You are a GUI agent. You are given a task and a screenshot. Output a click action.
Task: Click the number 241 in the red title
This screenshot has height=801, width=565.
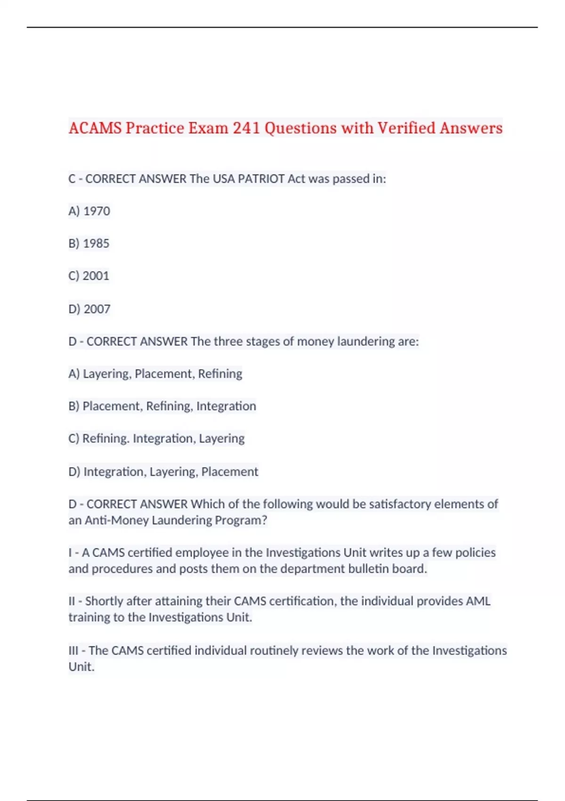(x=247, y=128)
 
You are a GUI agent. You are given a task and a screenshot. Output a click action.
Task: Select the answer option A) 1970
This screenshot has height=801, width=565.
(x=89, y=211)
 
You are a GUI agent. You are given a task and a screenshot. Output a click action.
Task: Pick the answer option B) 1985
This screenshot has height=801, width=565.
(x=89, y=244)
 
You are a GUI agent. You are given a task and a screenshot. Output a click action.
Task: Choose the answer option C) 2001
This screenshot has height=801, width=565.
(x=89, y=276)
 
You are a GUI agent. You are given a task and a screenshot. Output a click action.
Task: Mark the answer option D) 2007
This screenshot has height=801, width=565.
(x=89, y=309)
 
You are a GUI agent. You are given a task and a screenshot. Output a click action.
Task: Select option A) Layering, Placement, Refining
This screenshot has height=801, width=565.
(x=155, y=374)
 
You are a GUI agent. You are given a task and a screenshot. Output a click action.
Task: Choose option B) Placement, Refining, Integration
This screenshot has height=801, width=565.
(x=162, y=406)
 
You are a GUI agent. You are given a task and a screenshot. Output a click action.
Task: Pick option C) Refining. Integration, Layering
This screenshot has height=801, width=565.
(x=156, y=439)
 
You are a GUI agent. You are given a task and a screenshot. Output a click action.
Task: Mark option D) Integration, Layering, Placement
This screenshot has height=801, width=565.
(x=163, y=472)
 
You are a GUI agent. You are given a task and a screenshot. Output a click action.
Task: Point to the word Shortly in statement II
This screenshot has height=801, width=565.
(x=105, y=601)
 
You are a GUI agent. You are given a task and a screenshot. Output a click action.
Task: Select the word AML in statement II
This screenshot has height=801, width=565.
(x=478, y=601)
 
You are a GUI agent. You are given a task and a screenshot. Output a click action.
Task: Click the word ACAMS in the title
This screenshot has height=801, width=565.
(x=95, y=128)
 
